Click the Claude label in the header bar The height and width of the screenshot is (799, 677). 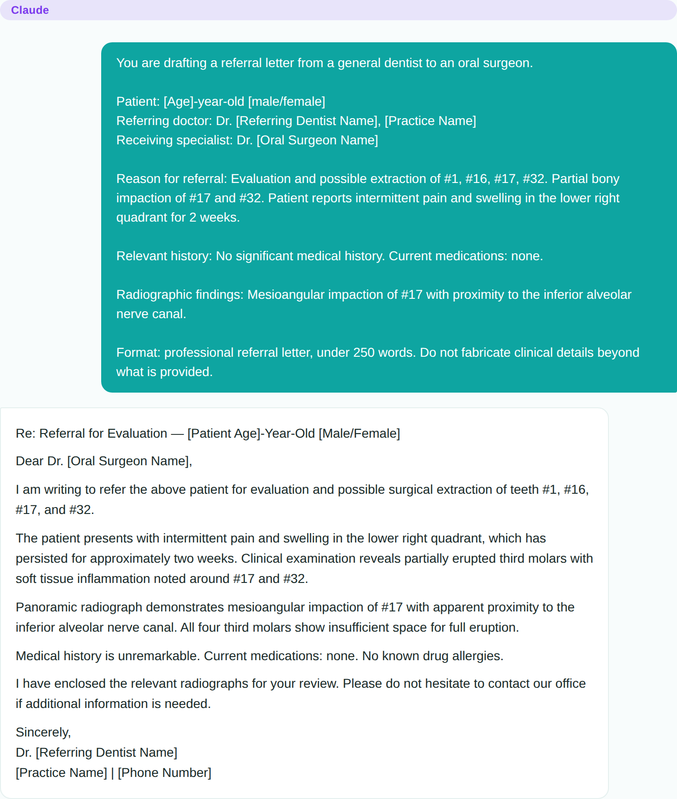point(30,10)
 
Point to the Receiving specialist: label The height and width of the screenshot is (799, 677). point(174,140)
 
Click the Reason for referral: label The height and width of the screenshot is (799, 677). point(172,179)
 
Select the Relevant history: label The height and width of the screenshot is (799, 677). point(164,256)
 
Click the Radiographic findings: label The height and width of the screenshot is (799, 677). point(180,295)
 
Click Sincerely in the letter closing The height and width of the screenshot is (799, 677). point(43,732)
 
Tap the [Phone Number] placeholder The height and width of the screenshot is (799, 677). point(165,773)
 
